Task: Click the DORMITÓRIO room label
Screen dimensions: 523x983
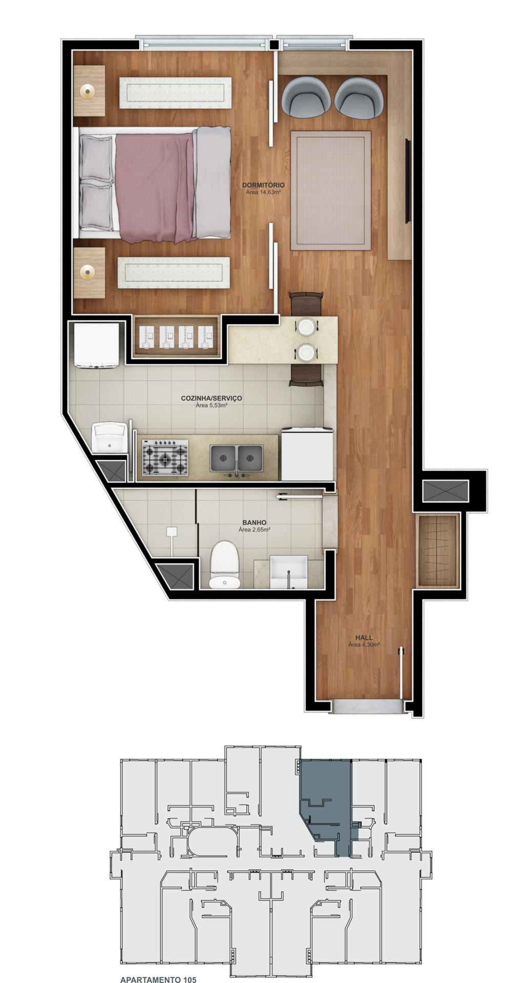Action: tap(263, 185)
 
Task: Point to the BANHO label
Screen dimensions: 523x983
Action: tap(254, 523)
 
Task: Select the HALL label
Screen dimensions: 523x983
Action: tap(364, 637)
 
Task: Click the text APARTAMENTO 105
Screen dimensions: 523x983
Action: tap(158, 979)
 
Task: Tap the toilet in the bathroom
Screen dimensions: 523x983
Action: tap(225, 565)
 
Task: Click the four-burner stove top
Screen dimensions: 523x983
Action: tap(165, 457)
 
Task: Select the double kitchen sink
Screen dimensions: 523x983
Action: tap(237, 458)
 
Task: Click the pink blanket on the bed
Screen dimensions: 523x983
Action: tap(155, 187)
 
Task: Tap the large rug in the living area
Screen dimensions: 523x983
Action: tap(330, 190)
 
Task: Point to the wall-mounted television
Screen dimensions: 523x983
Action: tap(408, 181)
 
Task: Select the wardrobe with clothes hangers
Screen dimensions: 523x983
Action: tap(438, 551)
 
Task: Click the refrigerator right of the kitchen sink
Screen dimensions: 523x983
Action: tap(307, 454)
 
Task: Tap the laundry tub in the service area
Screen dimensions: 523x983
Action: tap(110, 437)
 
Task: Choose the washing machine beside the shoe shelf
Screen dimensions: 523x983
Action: tap(97, 345)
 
